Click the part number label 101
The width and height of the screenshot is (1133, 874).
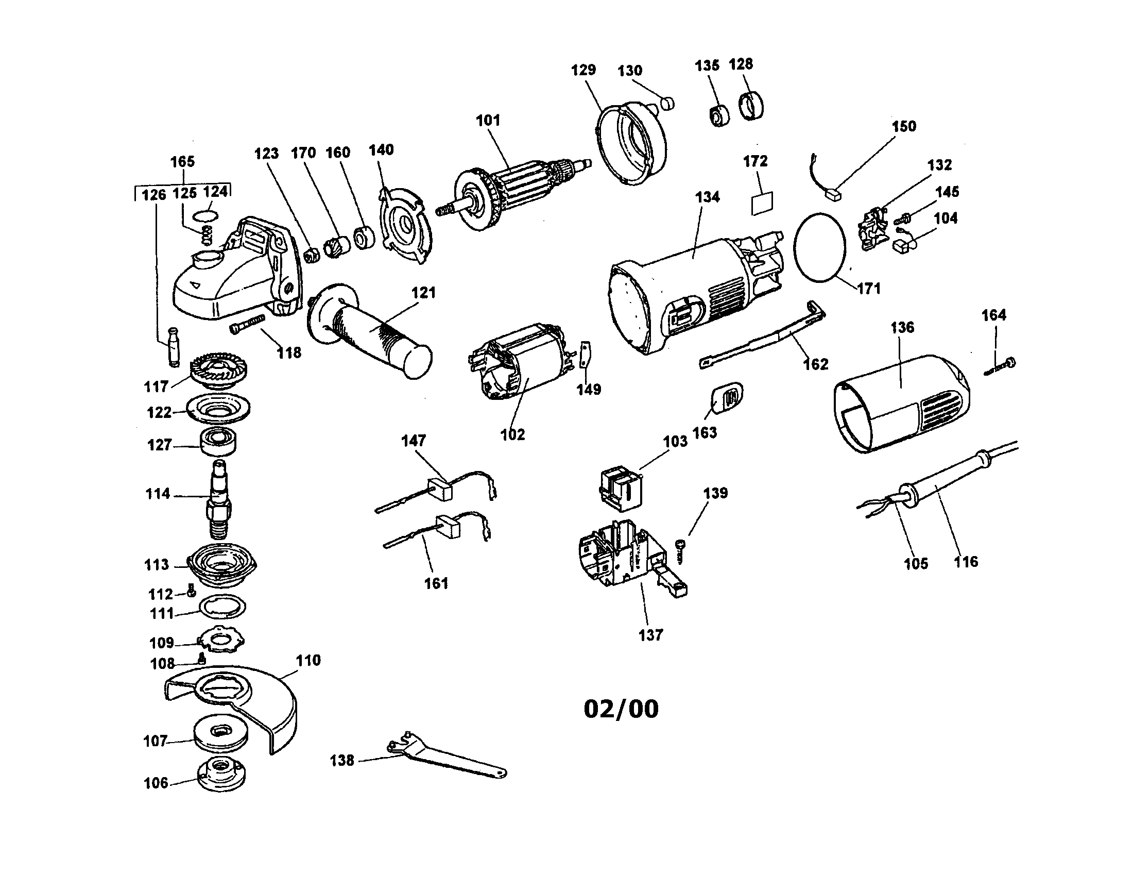488,121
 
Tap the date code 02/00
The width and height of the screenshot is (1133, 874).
621,709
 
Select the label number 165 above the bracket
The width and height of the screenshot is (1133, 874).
183,161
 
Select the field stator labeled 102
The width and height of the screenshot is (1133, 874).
519,363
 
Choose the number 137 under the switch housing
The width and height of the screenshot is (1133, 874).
650,635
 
